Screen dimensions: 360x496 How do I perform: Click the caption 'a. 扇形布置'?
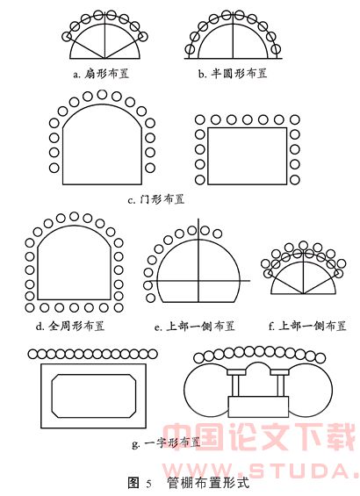point(101,74)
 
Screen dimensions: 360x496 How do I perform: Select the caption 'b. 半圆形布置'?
point(233,74)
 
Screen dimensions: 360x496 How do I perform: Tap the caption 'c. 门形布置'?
point(156,199)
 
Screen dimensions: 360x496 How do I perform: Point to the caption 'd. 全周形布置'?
point(70,326)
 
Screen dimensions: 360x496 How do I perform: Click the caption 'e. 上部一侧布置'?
point(195,327)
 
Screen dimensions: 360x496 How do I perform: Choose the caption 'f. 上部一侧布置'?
point(307,327)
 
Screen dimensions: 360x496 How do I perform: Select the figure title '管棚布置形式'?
point(208,483)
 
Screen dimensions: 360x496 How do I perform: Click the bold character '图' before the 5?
point(133,483)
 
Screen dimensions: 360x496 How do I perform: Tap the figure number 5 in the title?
point(148,484)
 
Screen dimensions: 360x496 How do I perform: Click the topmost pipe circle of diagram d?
point(74,217)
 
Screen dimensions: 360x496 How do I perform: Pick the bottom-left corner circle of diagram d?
point(30,307)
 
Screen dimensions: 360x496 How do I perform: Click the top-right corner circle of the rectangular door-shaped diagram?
point(295,120)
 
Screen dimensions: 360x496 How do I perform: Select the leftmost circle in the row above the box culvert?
point(32,355)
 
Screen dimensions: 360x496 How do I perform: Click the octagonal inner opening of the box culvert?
point(94,396)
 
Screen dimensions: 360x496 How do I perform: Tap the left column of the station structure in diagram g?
point(235,385)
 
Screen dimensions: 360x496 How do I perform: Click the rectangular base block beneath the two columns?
point(258,406)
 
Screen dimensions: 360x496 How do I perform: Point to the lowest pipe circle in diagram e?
point(150,298)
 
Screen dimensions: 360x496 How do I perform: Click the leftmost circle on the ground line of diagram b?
point(190,49)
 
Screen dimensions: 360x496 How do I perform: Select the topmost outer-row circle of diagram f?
point(303,245)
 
